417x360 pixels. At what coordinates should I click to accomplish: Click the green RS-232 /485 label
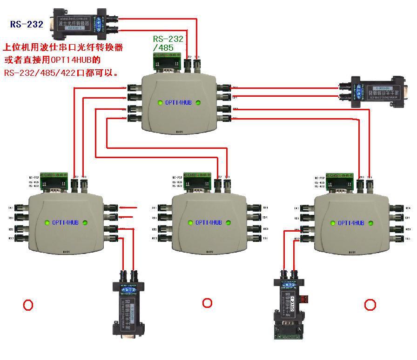pyautogui.click(x=168, y=43)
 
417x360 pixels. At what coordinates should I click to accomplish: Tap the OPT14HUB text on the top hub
pyautogui.click(x=177, y=103)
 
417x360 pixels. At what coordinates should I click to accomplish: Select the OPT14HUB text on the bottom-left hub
pyautogui.click(x=65, y=223)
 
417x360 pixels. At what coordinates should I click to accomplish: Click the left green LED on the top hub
pyautogui.click(x=159, y=103)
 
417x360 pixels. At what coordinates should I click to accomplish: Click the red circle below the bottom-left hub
pyautogui.click(x=28, y=305)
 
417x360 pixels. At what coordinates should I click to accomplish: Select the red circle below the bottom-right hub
pyautogui.click(x=370, y=305)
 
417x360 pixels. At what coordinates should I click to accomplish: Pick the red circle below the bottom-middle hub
pyautogui.click(x=207, y=303)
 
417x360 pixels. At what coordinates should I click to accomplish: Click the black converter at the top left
pyautogui.click(x=74, y=22)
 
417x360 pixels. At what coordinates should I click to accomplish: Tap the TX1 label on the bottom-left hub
pyautogui.click(x=10, y=207)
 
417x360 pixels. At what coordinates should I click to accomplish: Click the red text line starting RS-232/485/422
pyautogui.click(x=61, y=73)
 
